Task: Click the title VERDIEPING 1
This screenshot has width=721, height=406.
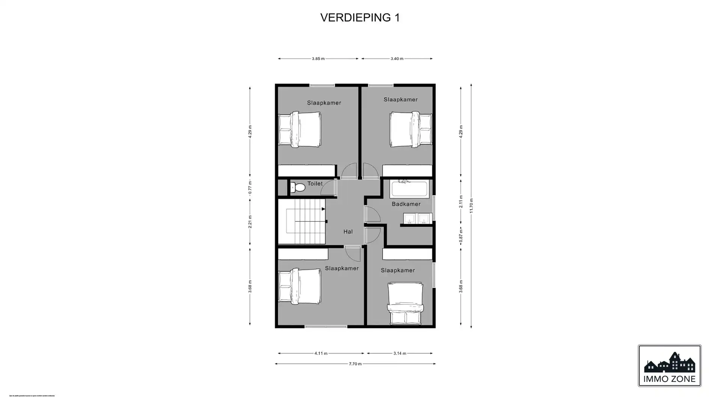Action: (x=360, y=18)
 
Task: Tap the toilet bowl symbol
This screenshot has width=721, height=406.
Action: (x=298, y=187)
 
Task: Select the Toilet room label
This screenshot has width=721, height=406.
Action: (x=315, y=184)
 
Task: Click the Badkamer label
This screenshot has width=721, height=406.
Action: (x=406, y=204)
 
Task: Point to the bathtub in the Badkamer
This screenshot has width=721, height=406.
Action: (x=409, y=189)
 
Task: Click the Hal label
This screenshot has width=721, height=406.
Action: (x=348, y=232)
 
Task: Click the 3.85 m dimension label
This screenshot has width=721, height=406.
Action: (x=318, y=59)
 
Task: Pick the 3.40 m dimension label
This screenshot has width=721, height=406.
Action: (x=397, y=59)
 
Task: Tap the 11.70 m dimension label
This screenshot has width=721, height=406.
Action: (x=471, y=206)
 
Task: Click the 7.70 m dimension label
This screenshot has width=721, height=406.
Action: (x=355, y=364)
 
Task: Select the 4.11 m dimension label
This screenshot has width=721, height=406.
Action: (x=321, y=353)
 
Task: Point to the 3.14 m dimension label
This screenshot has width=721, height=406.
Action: (x=400, y=353)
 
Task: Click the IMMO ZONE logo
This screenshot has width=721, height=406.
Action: (x=669, y=366)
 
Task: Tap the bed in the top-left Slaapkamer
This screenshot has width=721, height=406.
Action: (x=300, y=129)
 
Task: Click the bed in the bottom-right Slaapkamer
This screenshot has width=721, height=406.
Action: (x=406, y=304)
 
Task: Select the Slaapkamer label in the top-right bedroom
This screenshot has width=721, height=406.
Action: (x=400, y=100)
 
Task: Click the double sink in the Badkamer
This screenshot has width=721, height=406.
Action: (x=418, y=218)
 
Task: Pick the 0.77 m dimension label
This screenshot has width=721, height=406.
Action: (x=250, y=188)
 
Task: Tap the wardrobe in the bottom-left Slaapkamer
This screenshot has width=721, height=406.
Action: (x=303, y=255)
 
